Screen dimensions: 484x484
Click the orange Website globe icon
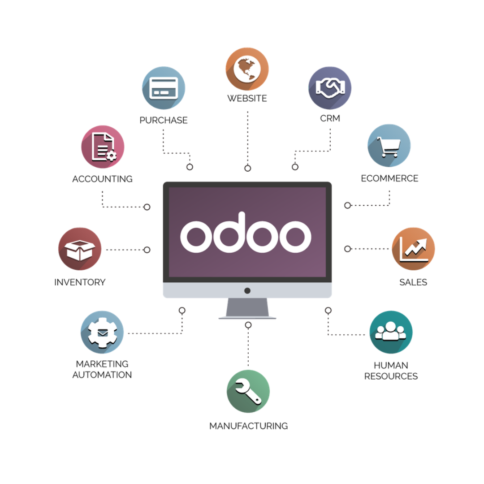pos(247,69)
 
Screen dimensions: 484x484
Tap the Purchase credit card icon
pos(164,88)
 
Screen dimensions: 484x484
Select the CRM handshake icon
pos(330,88)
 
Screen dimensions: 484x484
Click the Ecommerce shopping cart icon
pos(389,146)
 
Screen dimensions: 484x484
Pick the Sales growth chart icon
pos(413,249)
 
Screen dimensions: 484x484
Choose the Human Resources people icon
pos(391,332)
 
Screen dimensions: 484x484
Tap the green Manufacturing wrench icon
pos(248,391)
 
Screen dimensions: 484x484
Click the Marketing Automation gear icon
pos(102,332)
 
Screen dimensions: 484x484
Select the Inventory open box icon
pos(80,249)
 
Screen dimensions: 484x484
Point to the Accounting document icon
pos(103,147)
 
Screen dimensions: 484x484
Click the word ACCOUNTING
pos(103,179)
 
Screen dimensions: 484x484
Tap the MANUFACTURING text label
pos(248,426)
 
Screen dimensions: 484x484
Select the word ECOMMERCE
pos(389,178)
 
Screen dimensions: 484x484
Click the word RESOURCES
pos(391,376)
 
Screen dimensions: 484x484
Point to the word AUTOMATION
pos(102,375)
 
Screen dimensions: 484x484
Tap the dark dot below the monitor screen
pos(247,291)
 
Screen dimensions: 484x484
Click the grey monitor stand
pos(247,308)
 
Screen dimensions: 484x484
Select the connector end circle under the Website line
pos(247,168)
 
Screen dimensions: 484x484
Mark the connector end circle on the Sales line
pos(348,249)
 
